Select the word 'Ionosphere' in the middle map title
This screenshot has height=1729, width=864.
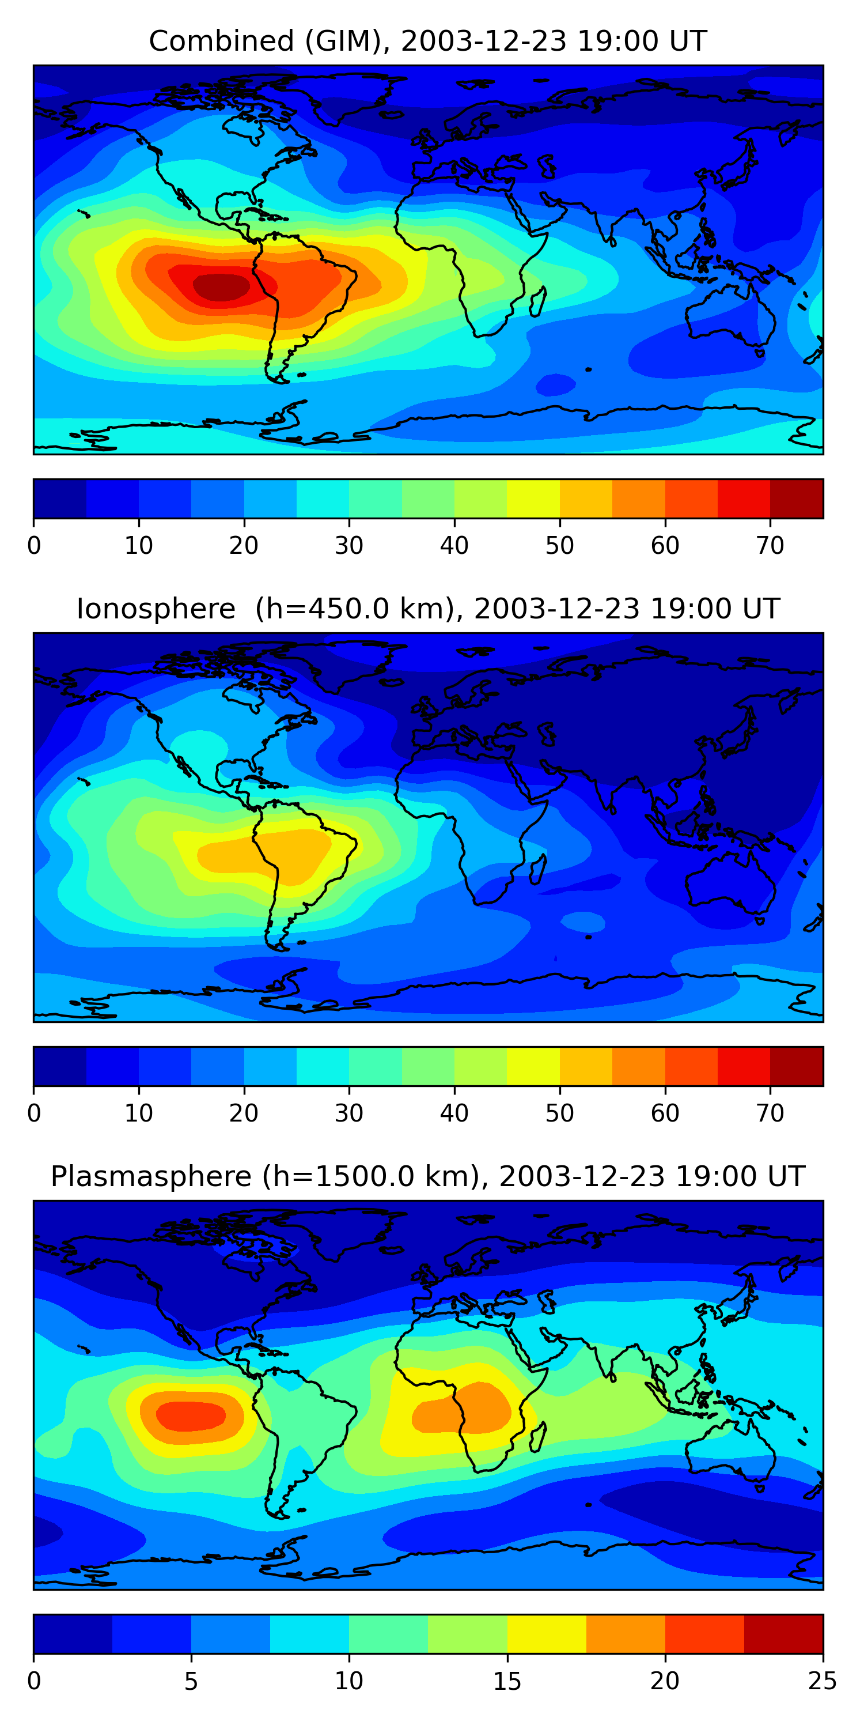(x=156, y=609)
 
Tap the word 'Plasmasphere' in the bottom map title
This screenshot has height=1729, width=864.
(x=151, y=1177)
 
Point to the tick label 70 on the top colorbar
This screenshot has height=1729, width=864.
(x=770, y=546)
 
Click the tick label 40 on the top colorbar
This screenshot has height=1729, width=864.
(x=454, y=546)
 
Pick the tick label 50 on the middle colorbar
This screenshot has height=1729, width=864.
(x=559, y=1113)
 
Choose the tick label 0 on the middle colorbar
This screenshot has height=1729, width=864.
(x=34, y=1113)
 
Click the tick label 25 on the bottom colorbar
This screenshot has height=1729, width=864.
(x=822, y=1681)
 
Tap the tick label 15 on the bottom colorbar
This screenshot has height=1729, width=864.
(x=507, y=1681)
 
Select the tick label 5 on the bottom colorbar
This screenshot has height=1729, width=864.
(x=191, y=1681)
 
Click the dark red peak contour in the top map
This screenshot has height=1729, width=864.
(x=221, y=286)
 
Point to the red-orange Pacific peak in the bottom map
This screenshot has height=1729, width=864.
(x=191, y=1415)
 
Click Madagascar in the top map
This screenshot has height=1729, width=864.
(x=538, y=303)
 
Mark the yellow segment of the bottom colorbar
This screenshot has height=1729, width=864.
(x=547, y=1634)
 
